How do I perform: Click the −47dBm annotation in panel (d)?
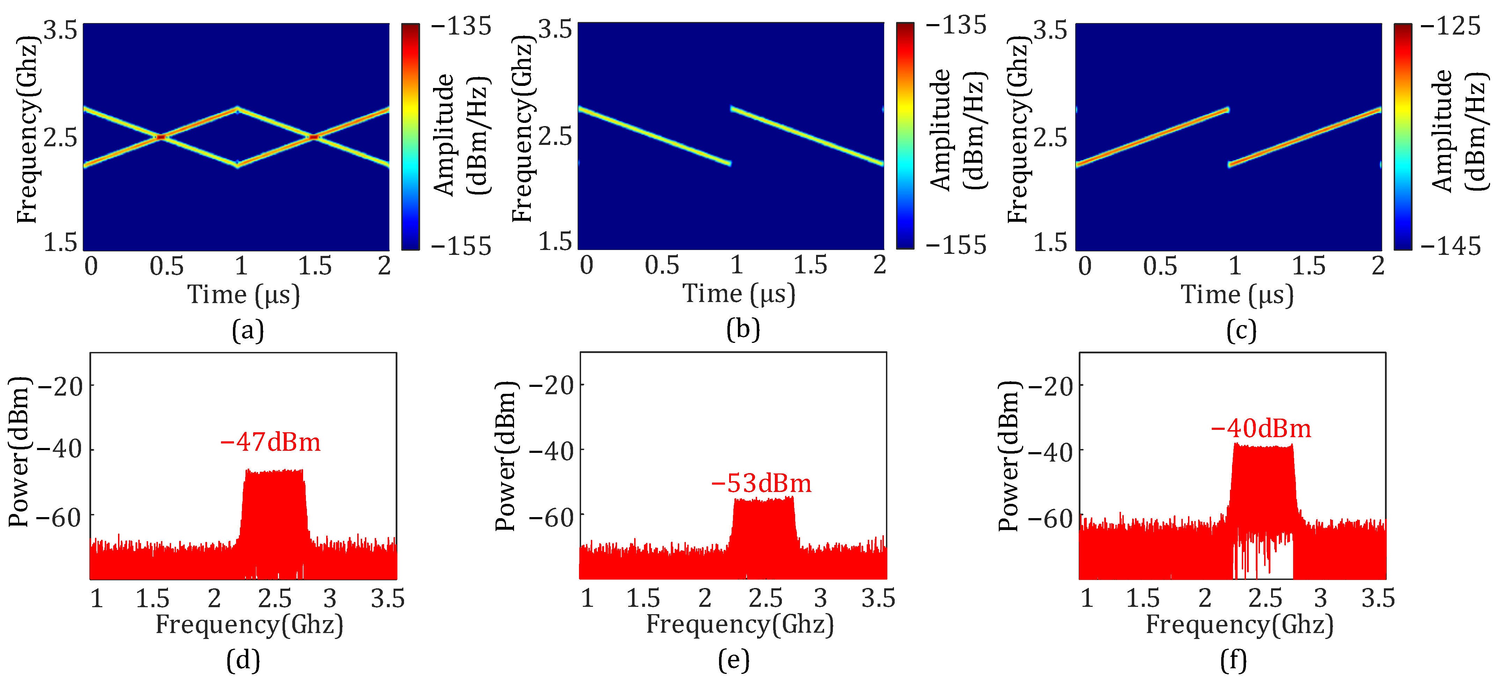coord(270,442)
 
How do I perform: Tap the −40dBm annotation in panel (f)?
coord(1260,429)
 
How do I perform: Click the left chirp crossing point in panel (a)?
coord(161,137)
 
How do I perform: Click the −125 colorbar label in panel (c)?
coord(1451,26)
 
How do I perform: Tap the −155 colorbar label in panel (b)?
coord(956,245)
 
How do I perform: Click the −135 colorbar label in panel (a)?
coord(461,26)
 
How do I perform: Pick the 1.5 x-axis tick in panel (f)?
coord(1142,599)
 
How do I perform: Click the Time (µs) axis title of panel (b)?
coord(739,294)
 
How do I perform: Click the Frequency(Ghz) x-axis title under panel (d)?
coord(249,625)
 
